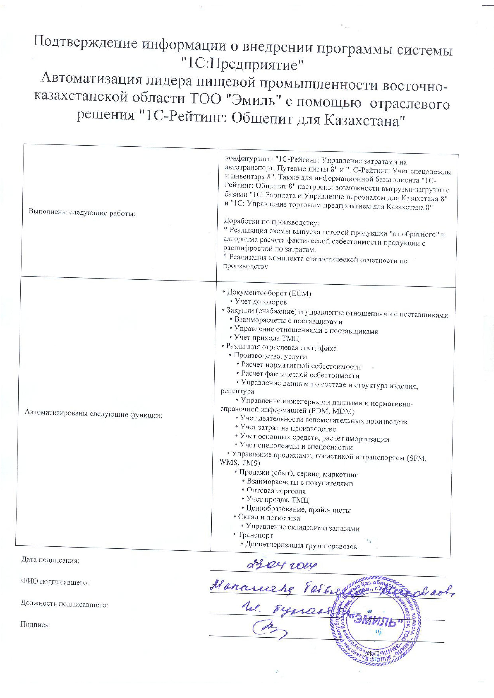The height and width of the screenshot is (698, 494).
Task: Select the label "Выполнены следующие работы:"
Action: click(82, 213)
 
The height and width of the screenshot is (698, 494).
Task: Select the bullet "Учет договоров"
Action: click(261, 302)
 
